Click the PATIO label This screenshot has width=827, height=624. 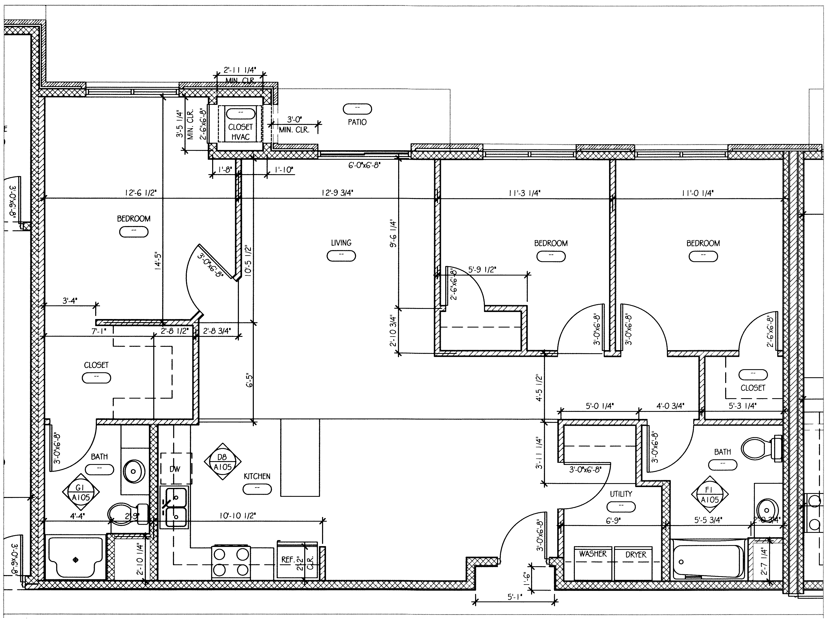point(357,122)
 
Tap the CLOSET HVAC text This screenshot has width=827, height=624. point(240,132)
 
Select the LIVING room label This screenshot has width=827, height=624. point(341,243)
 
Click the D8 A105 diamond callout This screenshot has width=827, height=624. point(223,462)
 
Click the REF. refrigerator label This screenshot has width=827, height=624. point(287,560)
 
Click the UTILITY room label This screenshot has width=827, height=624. point(621,494)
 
